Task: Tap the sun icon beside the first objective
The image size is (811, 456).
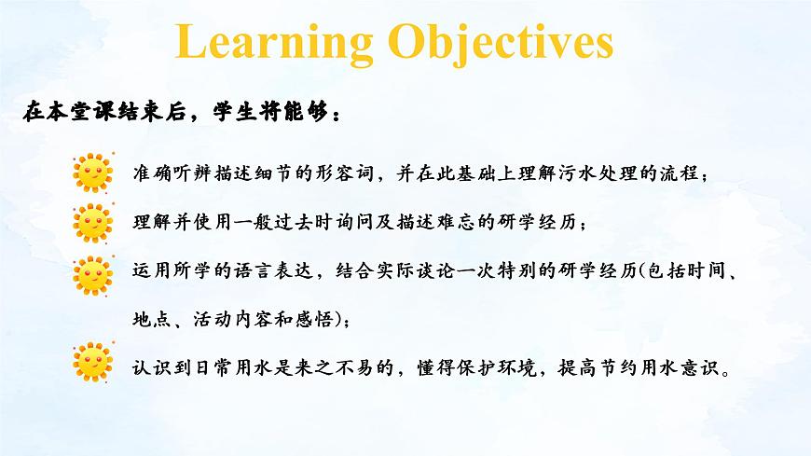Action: point(93,173)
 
